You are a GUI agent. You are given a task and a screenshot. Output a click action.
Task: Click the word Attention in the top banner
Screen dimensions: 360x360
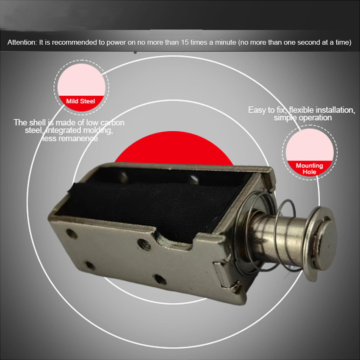click(x=22, y=42)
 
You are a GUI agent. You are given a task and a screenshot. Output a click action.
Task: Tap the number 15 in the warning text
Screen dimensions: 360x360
click(x=184, y=42)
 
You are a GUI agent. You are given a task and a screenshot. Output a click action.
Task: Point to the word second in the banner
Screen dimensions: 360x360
click(x=307, y=42)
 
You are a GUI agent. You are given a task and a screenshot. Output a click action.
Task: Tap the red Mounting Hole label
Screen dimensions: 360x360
click(x=310, y=168)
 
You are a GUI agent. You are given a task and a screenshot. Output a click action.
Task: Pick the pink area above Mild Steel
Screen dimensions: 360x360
click(x=81, y=80)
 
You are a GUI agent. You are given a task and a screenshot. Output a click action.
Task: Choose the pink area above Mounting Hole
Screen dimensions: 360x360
click(x=310, y=144)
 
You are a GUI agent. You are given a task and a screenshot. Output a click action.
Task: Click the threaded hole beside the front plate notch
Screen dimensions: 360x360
click(x=144, y=244)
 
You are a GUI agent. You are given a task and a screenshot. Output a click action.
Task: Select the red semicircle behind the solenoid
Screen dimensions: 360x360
click(x=174, y=147)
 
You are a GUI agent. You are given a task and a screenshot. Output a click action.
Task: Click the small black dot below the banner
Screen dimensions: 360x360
click(x=135, y=53)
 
